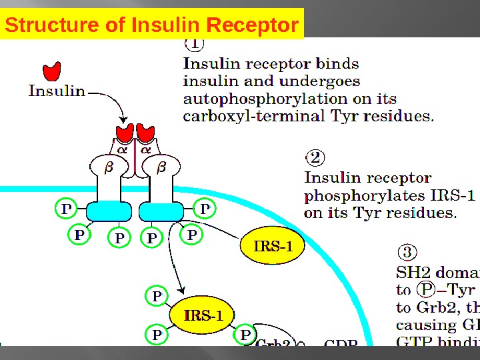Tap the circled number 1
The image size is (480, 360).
coord(194,44)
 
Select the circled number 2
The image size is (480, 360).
coord(315,158)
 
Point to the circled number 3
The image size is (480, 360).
coord(407,253)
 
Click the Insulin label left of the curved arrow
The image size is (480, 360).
coord(57,91)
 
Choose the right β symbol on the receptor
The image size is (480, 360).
coord(161,168)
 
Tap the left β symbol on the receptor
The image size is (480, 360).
coord(109,168)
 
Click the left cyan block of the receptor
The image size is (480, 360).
coord(109,211)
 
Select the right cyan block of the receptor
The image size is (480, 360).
coord(161,211)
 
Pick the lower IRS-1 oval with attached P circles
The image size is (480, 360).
coord(203,315)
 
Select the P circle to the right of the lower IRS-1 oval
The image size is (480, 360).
coord(245,335)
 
